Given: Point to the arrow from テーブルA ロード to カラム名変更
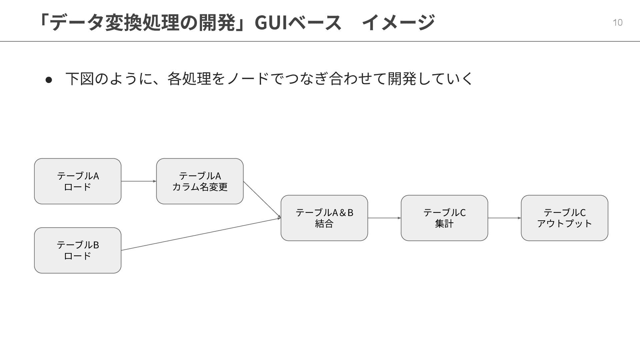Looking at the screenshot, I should [138, 181].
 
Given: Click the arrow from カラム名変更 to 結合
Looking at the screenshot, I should [262, 199].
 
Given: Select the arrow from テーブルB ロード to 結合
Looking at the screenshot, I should [200, 234].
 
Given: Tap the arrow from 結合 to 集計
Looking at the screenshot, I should [384, 218].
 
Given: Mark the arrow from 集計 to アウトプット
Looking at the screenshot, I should [504, 218].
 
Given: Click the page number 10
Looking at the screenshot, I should [617, 22].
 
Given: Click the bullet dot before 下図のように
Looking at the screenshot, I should [49, 80].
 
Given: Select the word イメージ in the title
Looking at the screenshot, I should [398, 22].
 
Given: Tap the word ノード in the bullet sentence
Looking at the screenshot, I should [248, 79].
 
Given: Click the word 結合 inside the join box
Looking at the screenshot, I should [324, 224].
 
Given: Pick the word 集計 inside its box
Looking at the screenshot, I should [444, 224].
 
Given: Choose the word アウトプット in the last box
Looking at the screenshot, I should [564, 224].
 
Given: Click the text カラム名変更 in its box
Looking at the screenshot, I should [200, 187].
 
